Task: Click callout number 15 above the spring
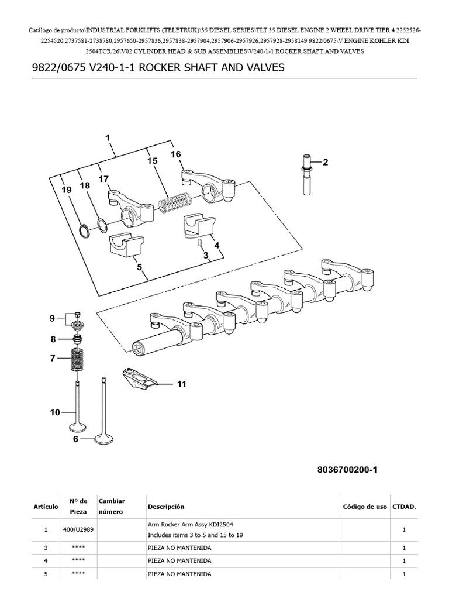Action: (152, 161)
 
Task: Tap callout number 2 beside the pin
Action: (326, 162)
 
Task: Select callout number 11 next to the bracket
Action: (181, 384)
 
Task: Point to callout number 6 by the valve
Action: (75, 438)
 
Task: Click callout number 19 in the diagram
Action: (67, 190)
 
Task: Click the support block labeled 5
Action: (127, 246)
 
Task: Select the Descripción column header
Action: (166, 507)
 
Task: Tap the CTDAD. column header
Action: (404, 507)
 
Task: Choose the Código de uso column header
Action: (365, 507)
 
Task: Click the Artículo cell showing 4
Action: (45, 561)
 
